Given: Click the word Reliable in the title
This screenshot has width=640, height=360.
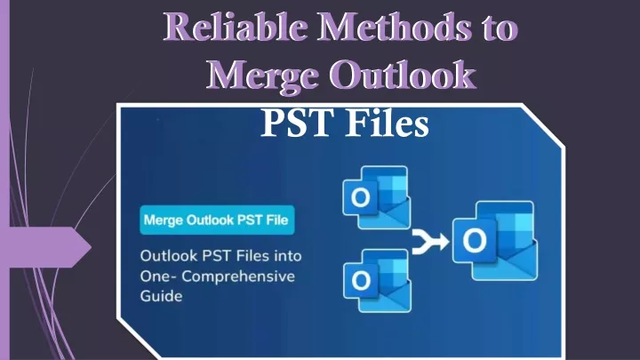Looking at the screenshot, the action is click(236, 27).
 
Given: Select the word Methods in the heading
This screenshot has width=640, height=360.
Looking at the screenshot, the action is click(394, 27).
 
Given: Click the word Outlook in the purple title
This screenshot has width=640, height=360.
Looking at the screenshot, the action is click(403, 75).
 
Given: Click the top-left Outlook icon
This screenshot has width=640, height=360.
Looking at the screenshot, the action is click(376, 197).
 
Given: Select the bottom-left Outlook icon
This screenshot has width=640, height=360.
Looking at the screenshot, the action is click(377, 280).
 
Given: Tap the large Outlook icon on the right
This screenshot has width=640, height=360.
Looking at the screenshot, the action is click(495, 241).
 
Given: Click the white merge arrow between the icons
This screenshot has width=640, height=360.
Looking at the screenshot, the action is click(430, 242).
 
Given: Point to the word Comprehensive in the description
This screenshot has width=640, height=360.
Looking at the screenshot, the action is click(238, 276).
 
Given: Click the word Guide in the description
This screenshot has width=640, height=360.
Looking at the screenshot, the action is click(161, 296).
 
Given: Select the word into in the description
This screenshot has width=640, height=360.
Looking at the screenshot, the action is click(287, 256).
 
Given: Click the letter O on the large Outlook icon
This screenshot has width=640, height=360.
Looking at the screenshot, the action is click(475, 240).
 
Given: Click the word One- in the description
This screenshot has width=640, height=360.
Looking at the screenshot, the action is click(158, 276).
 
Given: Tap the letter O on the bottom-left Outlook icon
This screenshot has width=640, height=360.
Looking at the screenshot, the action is click(361, 280).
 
